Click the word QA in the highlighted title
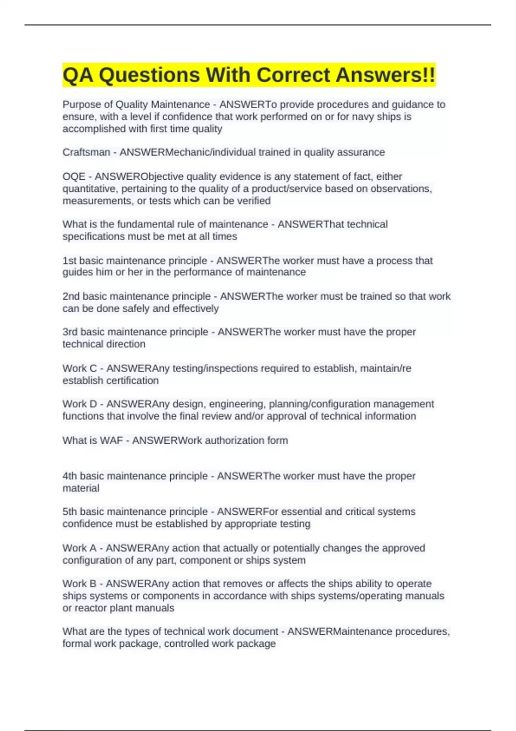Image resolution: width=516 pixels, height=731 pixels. (x=78, y=75)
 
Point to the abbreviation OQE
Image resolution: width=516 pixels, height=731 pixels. (x=74, y=177)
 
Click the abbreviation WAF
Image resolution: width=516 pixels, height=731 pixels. (x=111, y=440)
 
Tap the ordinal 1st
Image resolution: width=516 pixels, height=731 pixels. (x=69, y=261)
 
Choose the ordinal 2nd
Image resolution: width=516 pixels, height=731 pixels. (x=71, y=296)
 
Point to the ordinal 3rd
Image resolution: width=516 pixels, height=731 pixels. (x=70, y=332)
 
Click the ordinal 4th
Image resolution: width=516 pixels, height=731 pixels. (x=70, y=476)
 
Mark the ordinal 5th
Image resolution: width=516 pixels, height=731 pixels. (x=70, y=512)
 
